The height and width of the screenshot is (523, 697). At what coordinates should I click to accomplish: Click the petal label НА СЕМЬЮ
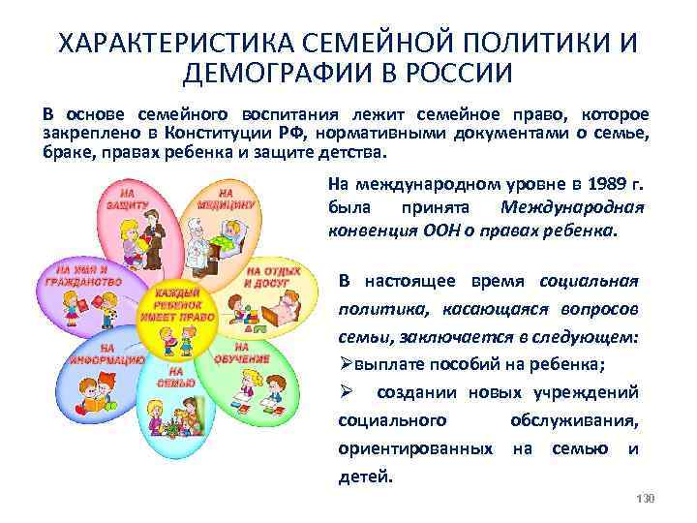pos(175,377)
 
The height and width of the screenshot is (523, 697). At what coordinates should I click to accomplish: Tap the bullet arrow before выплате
pos(347,365)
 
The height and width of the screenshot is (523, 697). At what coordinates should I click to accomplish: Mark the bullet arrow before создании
pos(347,393)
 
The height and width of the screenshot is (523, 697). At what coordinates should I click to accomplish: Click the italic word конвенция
pos(371,232)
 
